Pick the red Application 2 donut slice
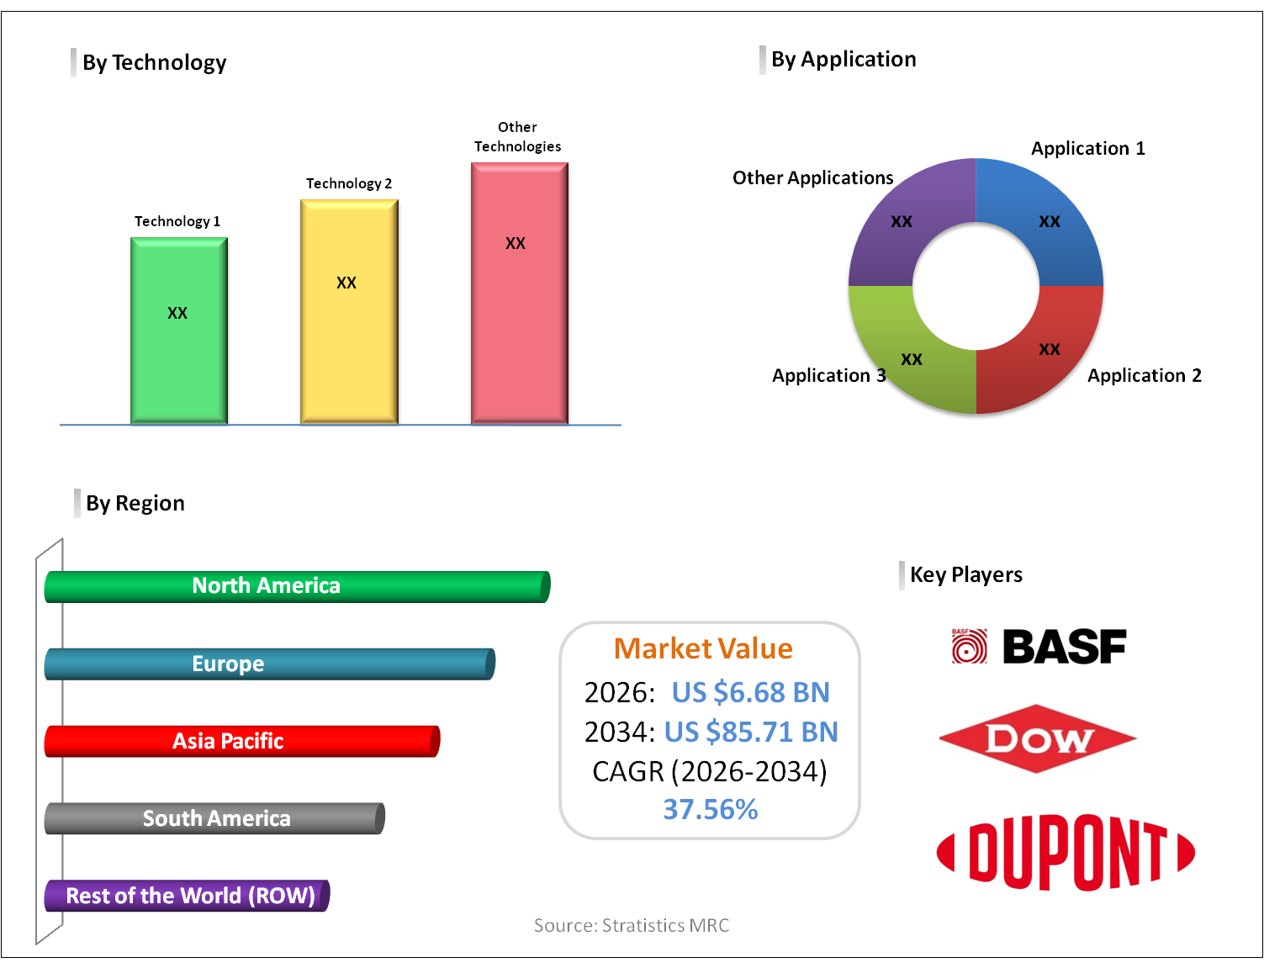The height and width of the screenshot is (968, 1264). pos(1051,353)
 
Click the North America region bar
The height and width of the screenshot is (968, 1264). pos(297,586)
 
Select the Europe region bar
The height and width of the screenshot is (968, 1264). pos(269,664)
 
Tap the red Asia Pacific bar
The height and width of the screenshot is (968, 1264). pos(241,741)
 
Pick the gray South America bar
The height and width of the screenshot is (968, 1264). pos(214,818)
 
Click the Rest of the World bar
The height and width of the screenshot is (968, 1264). pos(187,896)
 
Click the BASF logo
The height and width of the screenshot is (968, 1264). pos(1039,647)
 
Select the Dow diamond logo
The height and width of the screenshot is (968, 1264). pos(1038,739)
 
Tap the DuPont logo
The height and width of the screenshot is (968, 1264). pos(1066,852)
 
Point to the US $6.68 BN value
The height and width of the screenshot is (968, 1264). pos(750,692)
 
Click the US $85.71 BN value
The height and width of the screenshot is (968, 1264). pos(751,732)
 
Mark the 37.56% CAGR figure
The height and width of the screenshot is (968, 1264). pos(710,809)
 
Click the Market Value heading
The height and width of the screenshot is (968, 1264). pos(703,648)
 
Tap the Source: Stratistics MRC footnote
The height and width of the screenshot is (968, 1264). pos(632,925)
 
